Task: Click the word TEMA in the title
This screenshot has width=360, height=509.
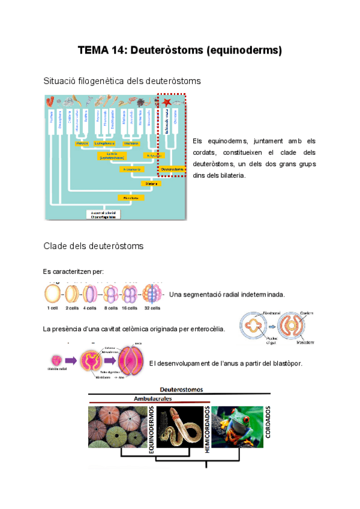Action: tap(92, 50)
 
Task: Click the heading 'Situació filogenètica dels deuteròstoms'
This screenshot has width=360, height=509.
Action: tap(122, 80)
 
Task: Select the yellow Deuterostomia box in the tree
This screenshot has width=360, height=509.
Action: tap(172, 169)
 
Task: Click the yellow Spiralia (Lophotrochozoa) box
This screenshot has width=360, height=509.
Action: tap(112, 156)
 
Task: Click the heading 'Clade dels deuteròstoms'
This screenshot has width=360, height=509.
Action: tap(93, 245)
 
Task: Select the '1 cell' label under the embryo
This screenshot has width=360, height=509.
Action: tap(53, 308)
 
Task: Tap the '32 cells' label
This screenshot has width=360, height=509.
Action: tap(152, 308)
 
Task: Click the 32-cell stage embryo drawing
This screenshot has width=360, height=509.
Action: tap(152, 294)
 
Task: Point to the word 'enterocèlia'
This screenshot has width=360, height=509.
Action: tap(204, 329)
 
